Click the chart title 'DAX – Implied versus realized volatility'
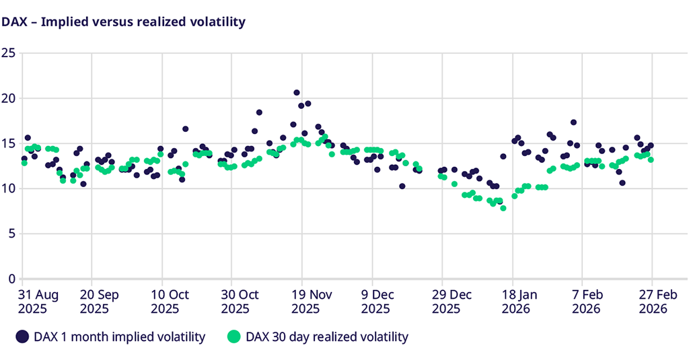(x=123, y=22)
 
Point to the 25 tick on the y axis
(x=8, y=53)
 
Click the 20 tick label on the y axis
(x=8, y=98)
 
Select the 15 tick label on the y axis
(x=8, y=143)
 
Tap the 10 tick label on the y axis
(x=8, y=188)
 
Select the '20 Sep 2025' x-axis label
(x=100, y=301)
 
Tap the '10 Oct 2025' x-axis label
(x=170, y=301)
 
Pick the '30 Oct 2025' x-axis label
(x=240, y=301)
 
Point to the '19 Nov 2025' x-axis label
(x=311, y=301)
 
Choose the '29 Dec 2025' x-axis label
(x=451, y=301)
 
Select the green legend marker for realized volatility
(x=233, y=336)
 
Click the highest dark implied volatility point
(x=297, y=93)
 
